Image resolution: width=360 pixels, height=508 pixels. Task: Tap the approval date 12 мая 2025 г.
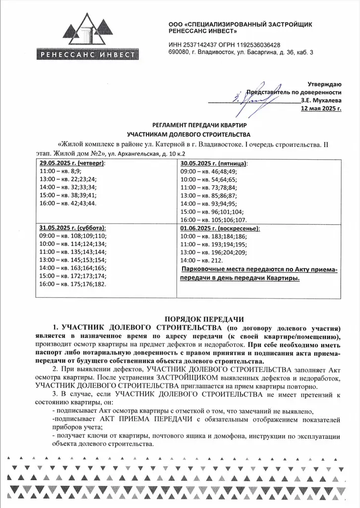pyautogui.click(x=321, y=109)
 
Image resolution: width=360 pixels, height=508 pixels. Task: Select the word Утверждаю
pyautogui.click(x=324, y=84)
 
